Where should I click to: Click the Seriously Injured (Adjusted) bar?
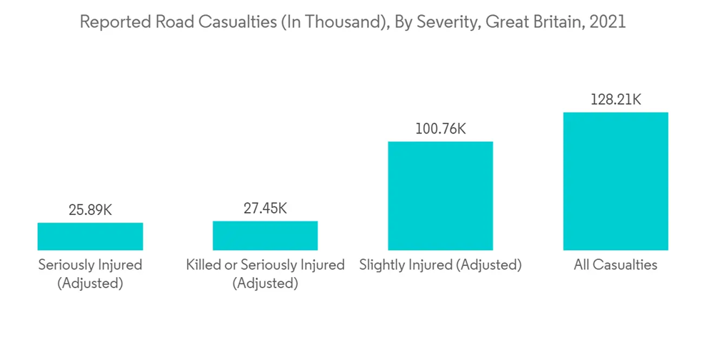pyautogui.click(x=90, y=236)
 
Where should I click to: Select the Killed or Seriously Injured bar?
pyautogui.click(x=265, y=235)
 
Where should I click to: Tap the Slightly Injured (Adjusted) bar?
pyautogui.click(x=440, y=195)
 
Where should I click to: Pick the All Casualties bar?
pyautogui.click(x=615, y=181)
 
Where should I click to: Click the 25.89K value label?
pyautogui.click(x=90, y=210)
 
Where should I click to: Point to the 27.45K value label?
pyautogui.click(x=265, y=209)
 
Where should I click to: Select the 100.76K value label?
pyautogui.click(x=440, y=129)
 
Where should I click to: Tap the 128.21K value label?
pyautogui.click(x=615, y=100)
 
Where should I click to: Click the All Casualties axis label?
pyautogui.click(x=615, y=265)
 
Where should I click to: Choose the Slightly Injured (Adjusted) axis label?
pyautogui.click(x=441, y=265)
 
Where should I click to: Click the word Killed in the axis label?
pyautogui.click(x=203, y=265)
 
